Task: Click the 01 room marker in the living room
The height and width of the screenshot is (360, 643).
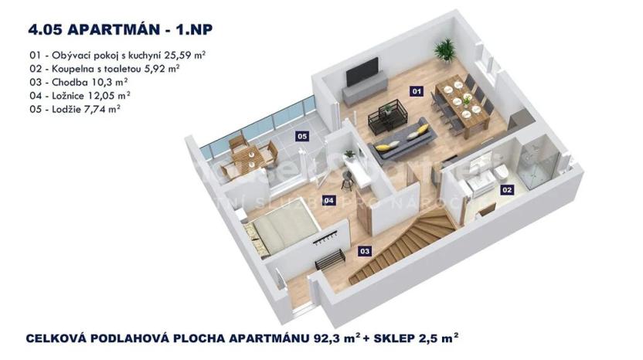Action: (x=417, y=92)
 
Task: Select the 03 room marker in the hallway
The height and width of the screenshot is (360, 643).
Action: (x=365, y=250)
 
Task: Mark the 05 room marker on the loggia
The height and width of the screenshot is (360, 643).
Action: (x=302, y=137)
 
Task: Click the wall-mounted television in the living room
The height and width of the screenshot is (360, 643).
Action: (x=359, y=76)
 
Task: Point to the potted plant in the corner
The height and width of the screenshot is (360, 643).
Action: (x=445, y=50)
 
